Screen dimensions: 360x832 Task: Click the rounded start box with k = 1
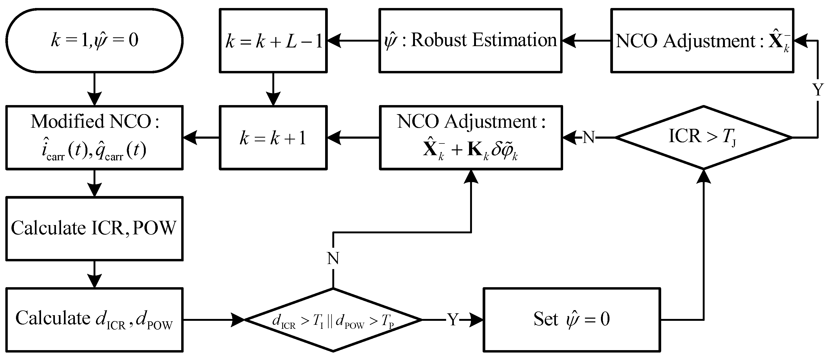tap(94, 40)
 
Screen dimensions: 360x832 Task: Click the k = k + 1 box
tap(273, 138)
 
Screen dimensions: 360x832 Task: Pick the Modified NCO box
tap(94, 138)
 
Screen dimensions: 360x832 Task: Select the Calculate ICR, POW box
tap(94, 229)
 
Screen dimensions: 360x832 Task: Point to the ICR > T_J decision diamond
tap(704, 138)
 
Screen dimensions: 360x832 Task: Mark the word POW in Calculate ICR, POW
tap(154, 228)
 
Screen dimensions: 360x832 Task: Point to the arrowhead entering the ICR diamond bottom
tap(704, 176)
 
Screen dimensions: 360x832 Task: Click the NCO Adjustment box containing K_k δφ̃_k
tap(471, 138)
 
